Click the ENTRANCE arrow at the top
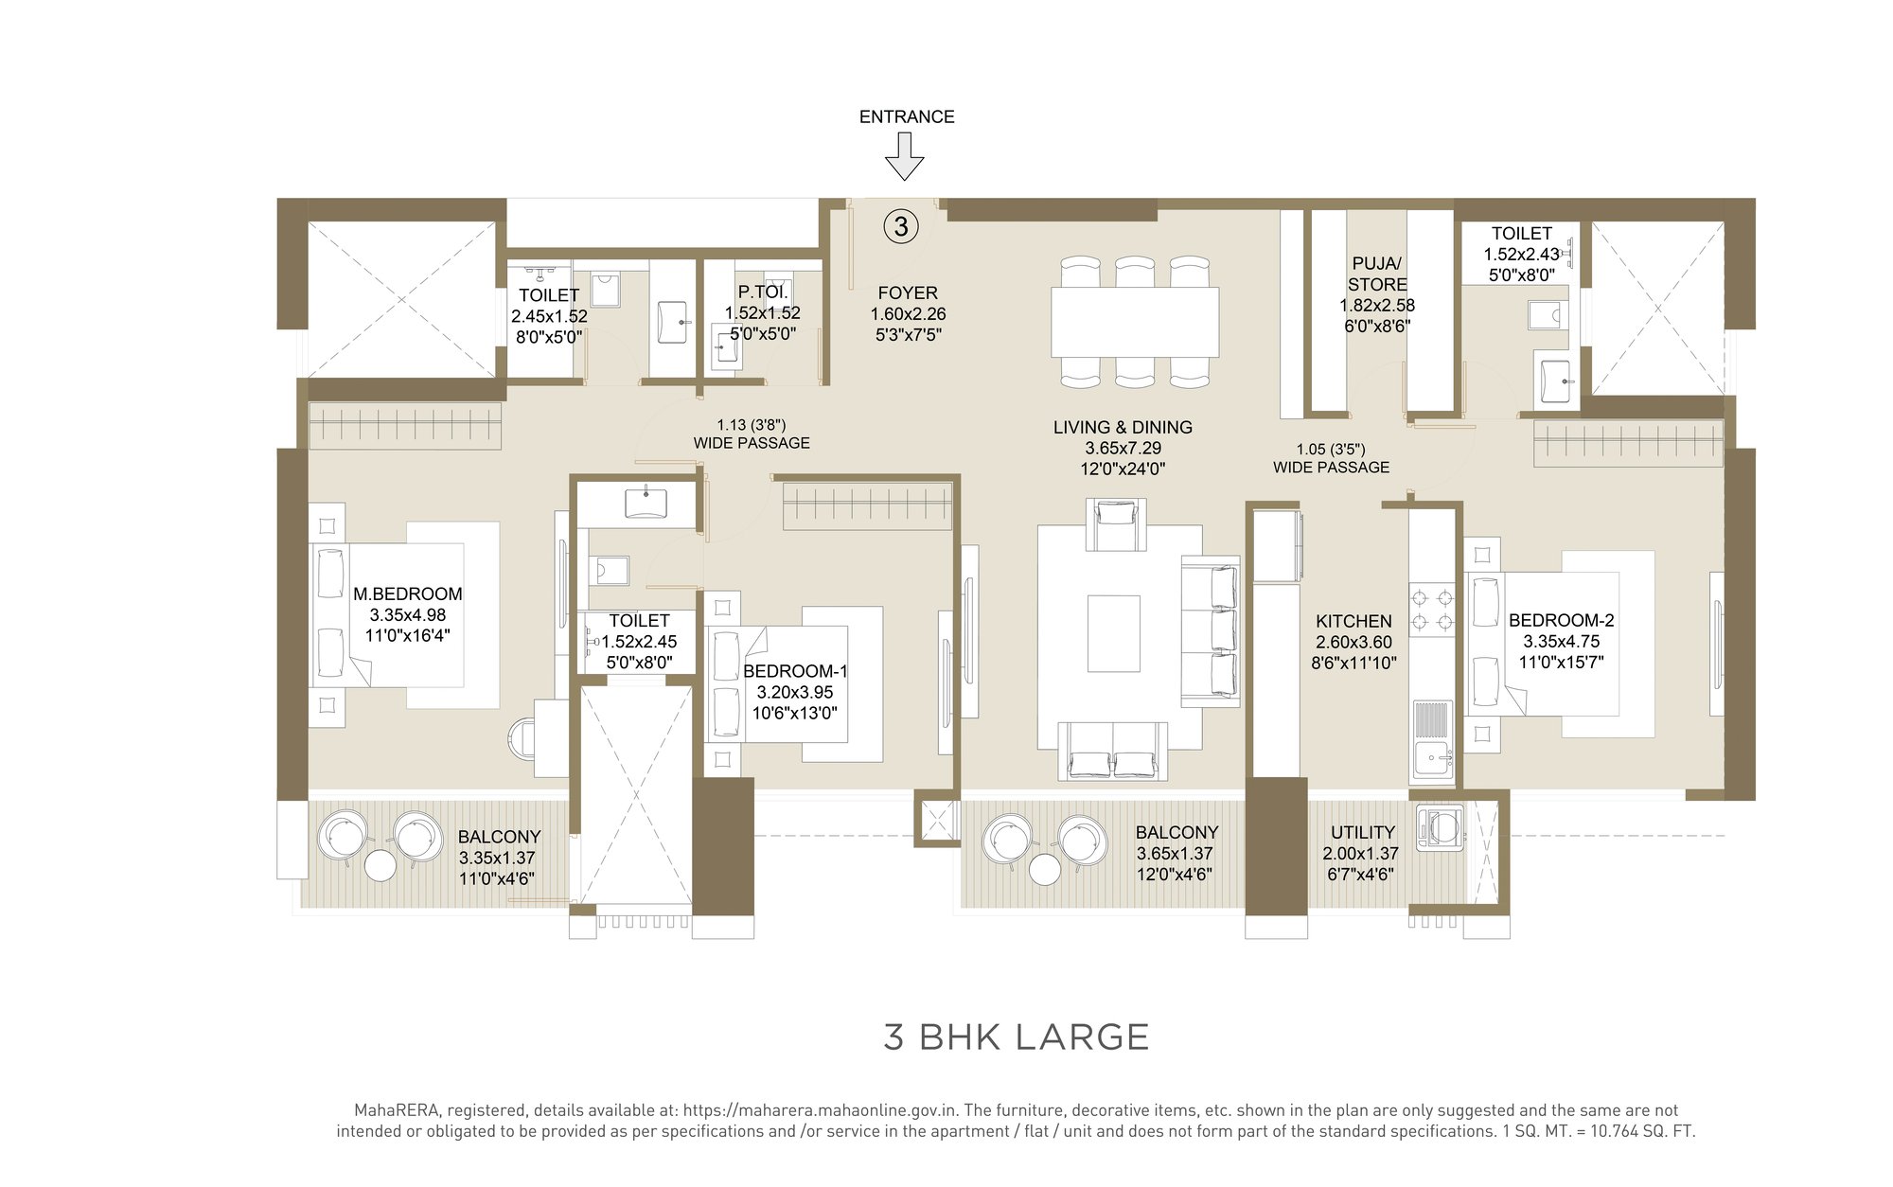point(904,155)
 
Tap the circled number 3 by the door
point(901,226)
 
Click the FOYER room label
point(907,293)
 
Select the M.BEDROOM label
point(408,593)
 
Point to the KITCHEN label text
point(1353,621)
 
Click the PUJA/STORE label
point(1377,274)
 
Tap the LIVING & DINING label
point(1123,427)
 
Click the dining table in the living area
point(1134,322)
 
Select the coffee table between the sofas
point(1113,633)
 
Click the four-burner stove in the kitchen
point(1432,610)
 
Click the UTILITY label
point(1363,832)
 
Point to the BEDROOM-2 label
point(1561,620)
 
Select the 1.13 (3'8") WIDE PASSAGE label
point(752,434)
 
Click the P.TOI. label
point(763,292)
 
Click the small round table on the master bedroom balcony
point(380,865)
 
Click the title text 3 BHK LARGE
point(1016,1037)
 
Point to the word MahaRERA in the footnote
point(390,1109)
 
